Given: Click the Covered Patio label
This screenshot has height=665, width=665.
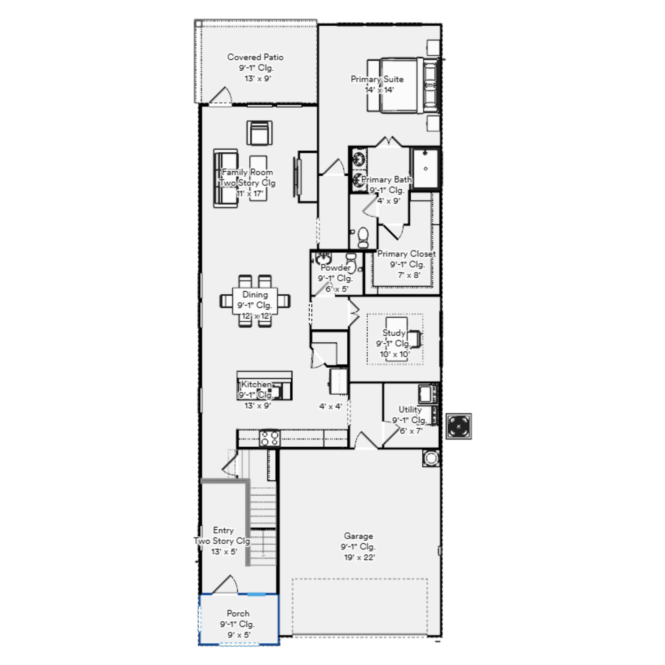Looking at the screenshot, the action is [255, 57].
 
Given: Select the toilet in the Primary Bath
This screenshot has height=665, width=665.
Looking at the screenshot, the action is [363, 237].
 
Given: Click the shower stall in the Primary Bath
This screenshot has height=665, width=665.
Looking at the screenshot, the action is [426, 169].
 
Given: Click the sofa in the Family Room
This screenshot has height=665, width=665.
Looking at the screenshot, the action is [226, 178].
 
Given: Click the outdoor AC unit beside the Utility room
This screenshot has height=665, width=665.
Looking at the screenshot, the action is [459, 426].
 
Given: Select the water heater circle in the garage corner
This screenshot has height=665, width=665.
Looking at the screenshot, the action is [431, 458].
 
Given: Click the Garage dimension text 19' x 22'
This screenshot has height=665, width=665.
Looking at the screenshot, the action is [359, 557].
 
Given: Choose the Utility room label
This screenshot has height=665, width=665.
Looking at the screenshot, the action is [410, 410].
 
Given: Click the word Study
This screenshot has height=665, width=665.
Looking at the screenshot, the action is [394, 333].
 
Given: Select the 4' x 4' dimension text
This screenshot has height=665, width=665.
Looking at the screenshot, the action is [331, 406].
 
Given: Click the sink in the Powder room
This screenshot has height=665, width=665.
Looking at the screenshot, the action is [323, 258].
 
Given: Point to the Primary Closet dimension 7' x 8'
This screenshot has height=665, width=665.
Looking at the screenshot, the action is [409, 275].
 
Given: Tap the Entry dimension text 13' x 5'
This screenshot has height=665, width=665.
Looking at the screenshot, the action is [224, 551].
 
